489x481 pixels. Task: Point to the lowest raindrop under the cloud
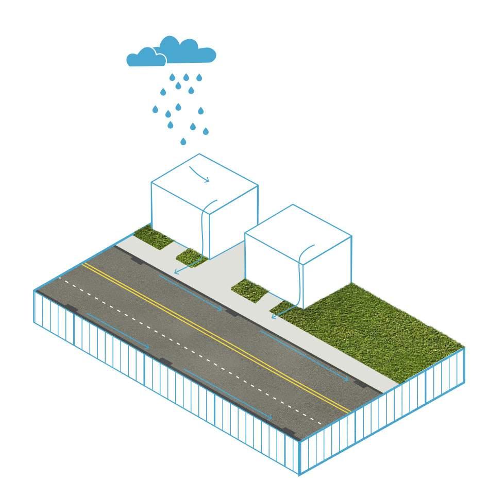[x=183, y=141]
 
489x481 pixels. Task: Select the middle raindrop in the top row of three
[x=186, y=77]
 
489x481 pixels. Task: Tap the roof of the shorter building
[x=298, y=229]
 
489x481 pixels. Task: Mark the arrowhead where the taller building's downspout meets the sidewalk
[x=176, y=271]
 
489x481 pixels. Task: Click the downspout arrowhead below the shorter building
[x=274, y=316]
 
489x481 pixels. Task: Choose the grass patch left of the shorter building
[x=250, y=291]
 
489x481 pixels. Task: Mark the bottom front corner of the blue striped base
[x=299, y=474]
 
